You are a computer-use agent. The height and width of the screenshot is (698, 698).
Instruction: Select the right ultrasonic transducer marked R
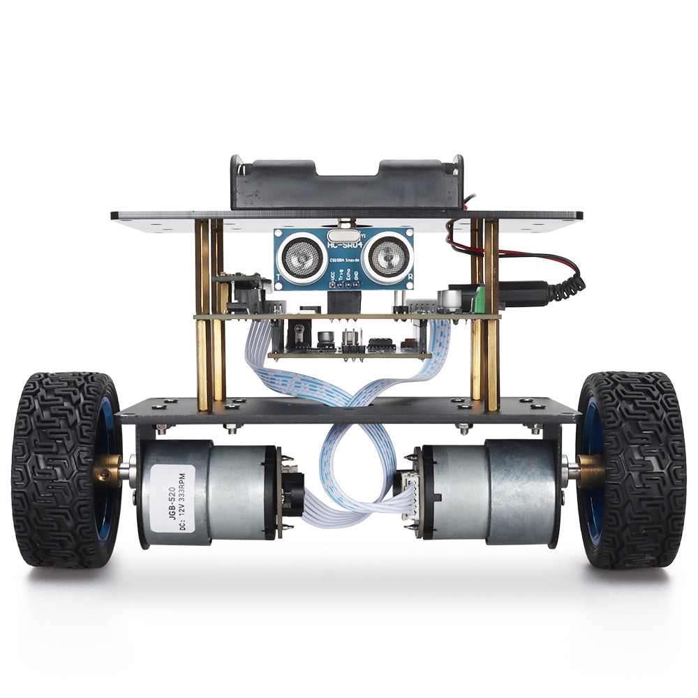(x=385, y=258)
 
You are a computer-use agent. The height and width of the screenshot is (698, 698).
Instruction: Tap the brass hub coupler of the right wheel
(x=591, y=469)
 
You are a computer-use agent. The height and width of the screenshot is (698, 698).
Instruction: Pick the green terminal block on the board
(x=480, y=301)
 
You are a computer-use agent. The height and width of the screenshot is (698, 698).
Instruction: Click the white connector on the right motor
(x=404, y=489)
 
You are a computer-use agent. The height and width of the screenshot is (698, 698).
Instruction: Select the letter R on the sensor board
(x=410, y=276)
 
